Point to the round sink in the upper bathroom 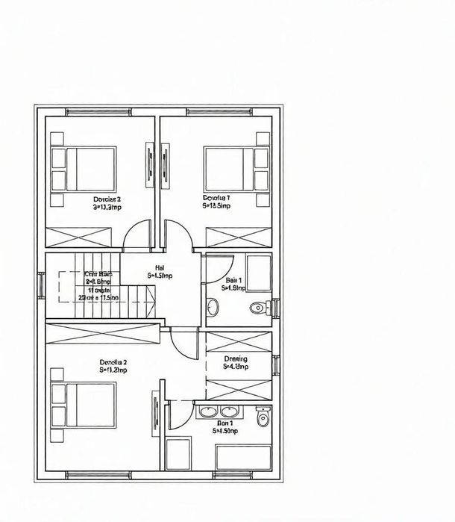pos(213,307)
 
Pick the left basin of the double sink pos(207,411)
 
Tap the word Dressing pos(236,358)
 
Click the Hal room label pos(160,267)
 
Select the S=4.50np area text pos(225,431)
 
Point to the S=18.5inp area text pos(216,206)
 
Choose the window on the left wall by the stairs pos(39,285)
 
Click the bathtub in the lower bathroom pos(242,456)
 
